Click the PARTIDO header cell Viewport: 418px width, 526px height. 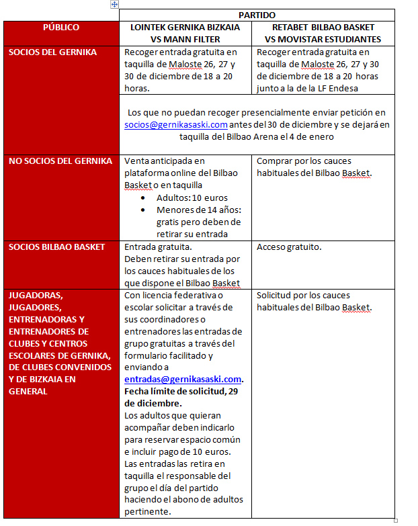(x=257, y=15)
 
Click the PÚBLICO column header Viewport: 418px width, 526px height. (x=61, y=28)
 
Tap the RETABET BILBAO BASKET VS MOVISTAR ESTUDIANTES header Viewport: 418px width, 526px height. (x=323, y=33)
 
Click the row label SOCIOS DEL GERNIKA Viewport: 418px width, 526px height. (x=53, y=52)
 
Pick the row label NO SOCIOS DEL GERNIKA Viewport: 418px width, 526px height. (x=60, y=161)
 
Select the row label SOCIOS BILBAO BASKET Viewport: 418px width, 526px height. (x=57, y=247)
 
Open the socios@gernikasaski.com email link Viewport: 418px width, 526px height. (x=176, y=124)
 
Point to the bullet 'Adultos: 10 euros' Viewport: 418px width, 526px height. (x=192, y=198)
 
